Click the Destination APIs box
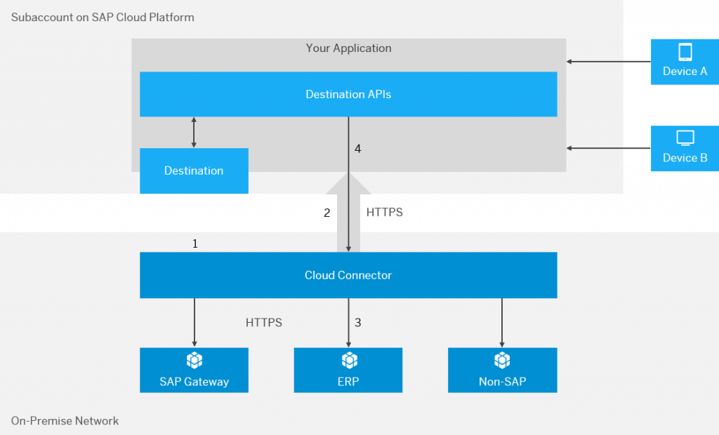point(348,94)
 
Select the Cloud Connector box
point(348,275)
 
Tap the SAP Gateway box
point(194,370)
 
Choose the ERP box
point(348,370)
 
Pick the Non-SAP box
point(503,370)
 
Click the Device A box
point(685,62)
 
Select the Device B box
point(685,149)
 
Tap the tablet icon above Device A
point(685,52)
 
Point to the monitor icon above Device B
point(685,138)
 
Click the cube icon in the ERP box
point(350,361)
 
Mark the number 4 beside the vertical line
point(357,149)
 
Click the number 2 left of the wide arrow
point(327,213)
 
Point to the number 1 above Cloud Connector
point(195,243)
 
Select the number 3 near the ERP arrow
point(357,323)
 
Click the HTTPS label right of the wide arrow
point(384,212)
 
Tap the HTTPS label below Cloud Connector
point(264,323)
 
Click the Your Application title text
point(348,48)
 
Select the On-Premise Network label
point(65,421)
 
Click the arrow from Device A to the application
point(609,62)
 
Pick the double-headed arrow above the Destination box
point(194,133)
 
